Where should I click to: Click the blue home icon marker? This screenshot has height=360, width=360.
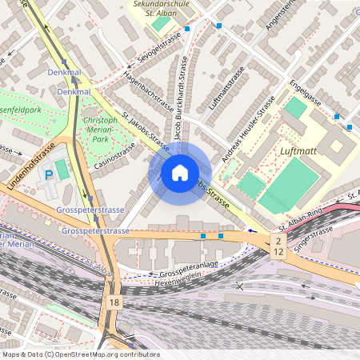(180, 173)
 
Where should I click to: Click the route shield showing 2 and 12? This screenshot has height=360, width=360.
(278, 246)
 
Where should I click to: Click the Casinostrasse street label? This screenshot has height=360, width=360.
(115, 157)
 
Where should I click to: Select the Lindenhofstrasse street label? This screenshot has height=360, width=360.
(31, 166)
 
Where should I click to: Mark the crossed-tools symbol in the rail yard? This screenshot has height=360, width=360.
(239, 286)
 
